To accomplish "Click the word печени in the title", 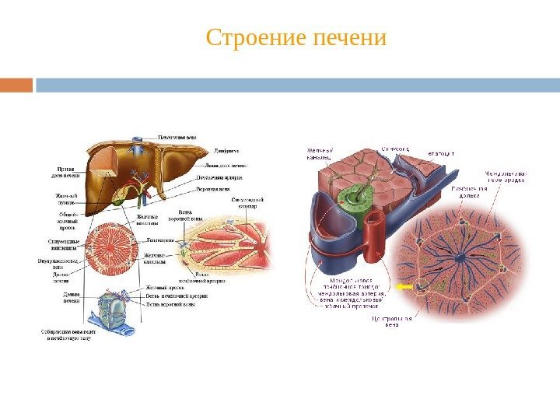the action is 348,37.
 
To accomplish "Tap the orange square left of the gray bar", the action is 16,84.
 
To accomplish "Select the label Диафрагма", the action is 226,150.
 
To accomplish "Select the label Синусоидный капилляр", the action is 248,203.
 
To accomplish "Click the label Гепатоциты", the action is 160,240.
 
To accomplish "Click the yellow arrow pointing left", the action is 404,287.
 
